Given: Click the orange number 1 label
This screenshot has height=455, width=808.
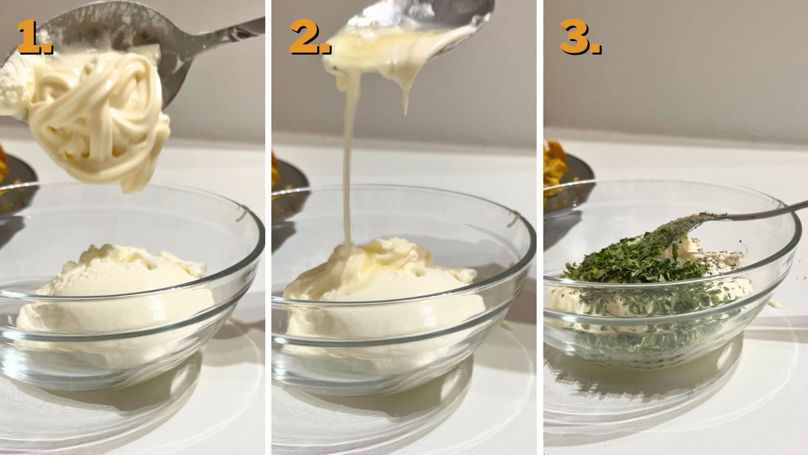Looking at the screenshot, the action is (35, 37).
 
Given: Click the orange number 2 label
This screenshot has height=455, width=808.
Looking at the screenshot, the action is (310, 37).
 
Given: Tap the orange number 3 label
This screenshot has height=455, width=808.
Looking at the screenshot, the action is (580, 37).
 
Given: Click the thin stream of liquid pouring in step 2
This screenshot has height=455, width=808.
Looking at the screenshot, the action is (347, 162).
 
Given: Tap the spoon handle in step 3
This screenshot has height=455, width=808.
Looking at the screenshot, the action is (765, 211).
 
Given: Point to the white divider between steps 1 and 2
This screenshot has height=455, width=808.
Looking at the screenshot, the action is (269, 228).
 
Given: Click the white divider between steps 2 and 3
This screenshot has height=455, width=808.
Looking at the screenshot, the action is (540, 228).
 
